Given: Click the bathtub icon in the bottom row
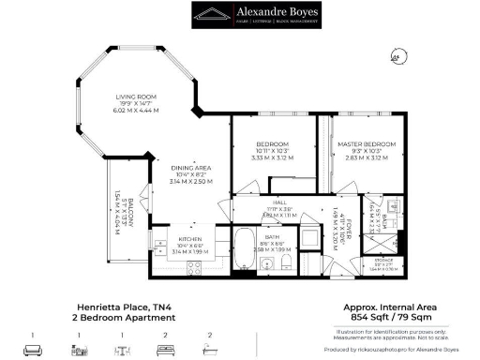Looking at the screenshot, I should point(209,349).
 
